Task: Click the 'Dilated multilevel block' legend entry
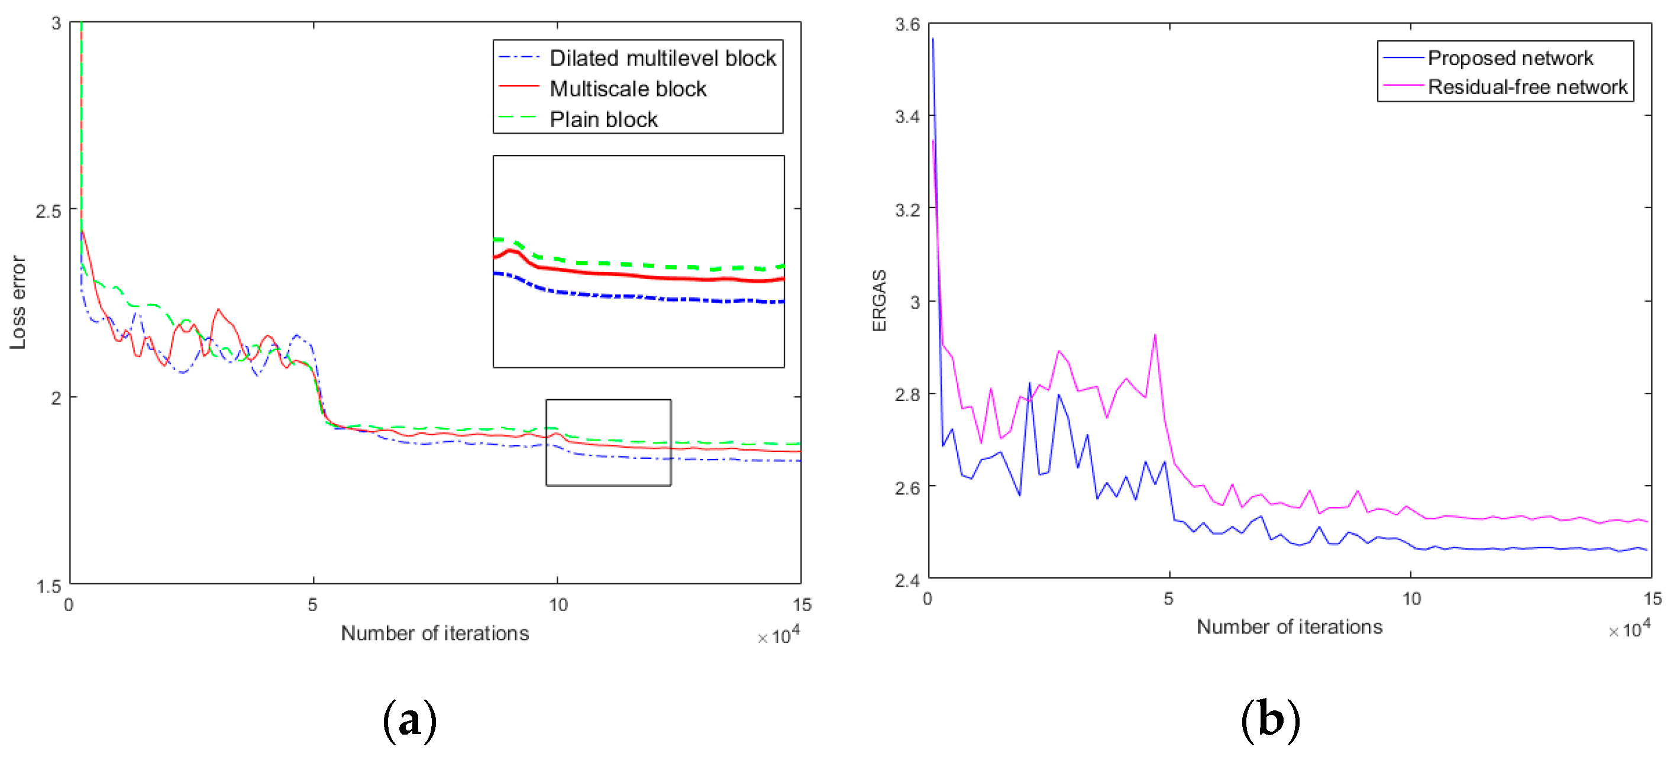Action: click(662, 58)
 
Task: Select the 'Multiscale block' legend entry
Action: click(628, 89)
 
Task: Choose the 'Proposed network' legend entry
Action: click(1510, 58)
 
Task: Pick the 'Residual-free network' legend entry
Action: click(1527, 86)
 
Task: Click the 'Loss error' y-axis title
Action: click(18, 302)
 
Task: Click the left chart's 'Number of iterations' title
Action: click(435, 633)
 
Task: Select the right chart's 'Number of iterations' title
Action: click(1289, 626)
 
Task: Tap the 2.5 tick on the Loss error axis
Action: click(48, 211)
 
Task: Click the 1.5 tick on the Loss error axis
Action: click(48, 586)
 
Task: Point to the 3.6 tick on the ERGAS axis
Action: click(907, 25)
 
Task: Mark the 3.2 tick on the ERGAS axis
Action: click(907, 209)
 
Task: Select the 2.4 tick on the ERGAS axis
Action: click(907, 580)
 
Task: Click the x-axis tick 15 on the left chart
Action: click(802, 605)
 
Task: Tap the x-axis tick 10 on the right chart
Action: click(1411, 599)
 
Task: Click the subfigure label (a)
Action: click(409, 720)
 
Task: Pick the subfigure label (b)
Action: click(1270, 720)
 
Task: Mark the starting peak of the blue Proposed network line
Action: click(932, 39)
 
